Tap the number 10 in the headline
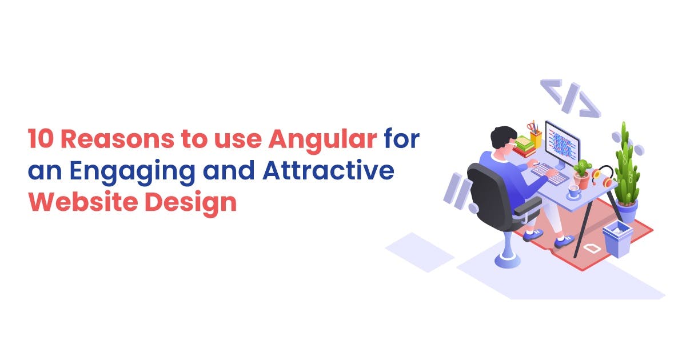pos(41,139)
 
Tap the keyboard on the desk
pos(549,173)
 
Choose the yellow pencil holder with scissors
pos(535,135)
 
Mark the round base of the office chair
pos(508,260)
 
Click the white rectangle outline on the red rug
pos(591,248)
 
